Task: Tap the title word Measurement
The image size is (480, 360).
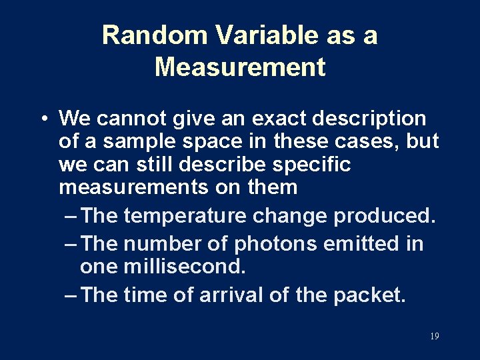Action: tap(240, 67)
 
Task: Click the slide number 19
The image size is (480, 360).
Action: tap(434, 337)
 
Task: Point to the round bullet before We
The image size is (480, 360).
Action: tap(42, 119)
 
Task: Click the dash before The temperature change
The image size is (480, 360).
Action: tap(71, 216)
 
